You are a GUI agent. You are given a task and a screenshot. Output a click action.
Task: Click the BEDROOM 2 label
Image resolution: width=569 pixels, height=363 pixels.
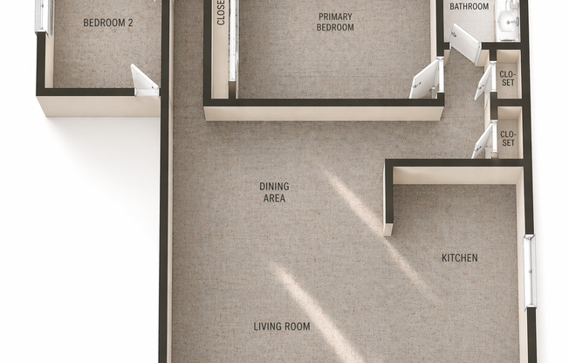(107, 23)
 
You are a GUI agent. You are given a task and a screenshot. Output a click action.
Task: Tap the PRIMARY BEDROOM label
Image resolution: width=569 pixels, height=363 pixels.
(335, 22)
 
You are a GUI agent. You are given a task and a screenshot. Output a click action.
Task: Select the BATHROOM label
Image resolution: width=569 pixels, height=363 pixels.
(469, 6)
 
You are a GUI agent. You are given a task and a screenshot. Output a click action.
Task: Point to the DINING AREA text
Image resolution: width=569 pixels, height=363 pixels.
(274, 192)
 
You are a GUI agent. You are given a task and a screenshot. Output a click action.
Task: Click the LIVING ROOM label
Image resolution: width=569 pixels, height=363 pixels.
(282, 326)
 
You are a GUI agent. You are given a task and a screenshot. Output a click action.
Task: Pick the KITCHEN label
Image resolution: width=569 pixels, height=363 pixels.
(459, 257)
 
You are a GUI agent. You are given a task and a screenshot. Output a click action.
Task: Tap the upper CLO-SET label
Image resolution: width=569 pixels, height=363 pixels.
(507, 79)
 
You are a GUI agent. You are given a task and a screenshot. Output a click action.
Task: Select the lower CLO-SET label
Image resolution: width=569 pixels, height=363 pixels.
(508, 138)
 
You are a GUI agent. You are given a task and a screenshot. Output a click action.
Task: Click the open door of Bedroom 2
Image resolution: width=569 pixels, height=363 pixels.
(144, 81)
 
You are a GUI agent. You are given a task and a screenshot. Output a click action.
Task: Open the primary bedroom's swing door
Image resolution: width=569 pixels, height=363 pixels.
(427, 79)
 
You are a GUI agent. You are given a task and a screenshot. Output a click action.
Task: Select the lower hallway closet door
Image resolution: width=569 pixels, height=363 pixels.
(483, 140)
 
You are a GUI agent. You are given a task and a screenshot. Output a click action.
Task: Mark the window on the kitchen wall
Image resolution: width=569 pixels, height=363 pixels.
(531, 271)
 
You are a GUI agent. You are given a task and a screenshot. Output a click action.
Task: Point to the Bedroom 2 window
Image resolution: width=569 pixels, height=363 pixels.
(43, 17)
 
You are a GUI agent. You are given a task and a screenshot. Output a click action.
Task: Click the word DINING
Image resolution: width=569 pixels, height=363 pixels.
(274, 187)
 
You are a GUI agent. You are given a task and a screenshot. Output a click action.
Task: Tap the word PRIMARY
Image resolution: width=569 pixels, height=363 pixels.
(335, 17)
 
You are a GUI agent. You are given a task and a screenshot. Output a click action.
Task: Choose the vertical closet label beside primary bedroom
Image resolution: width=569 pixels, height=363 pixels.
(221, 13)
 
